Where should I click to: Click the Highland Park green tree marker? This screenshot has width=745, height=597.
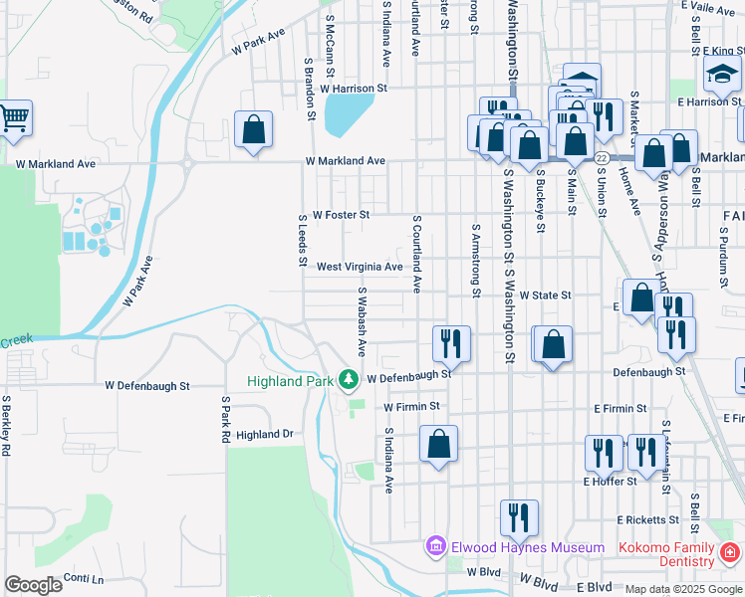coord(348,378)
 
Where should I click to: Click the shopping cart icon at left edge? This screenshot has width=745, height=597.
coord(14,118)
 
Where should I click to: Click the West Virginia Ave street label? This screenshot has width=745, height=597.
coord(360,267)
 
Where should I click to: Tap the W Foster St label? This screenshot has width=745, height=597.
coord(341,214)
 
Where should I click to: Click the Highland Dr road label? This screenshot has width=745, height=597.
coord(265,435)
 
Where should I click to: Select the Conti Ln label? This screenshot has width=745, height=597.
coord(83,578)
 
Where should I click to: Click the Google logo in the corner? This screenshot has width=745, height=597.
coord(33,585)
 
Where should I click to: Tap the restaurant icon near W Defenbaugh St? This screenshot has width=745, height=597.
coord(451,344)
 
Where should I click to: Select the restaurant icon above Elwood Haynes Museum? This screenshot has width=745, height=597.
coord(519,517)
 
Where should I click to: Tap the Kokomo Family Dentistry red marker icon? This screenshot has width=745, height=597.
coord(730,550)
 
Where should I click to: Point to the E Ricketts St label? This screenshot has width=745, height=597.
coord(647,519)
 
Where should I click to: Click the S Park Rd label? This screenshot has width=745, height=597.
coord(227,419)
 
